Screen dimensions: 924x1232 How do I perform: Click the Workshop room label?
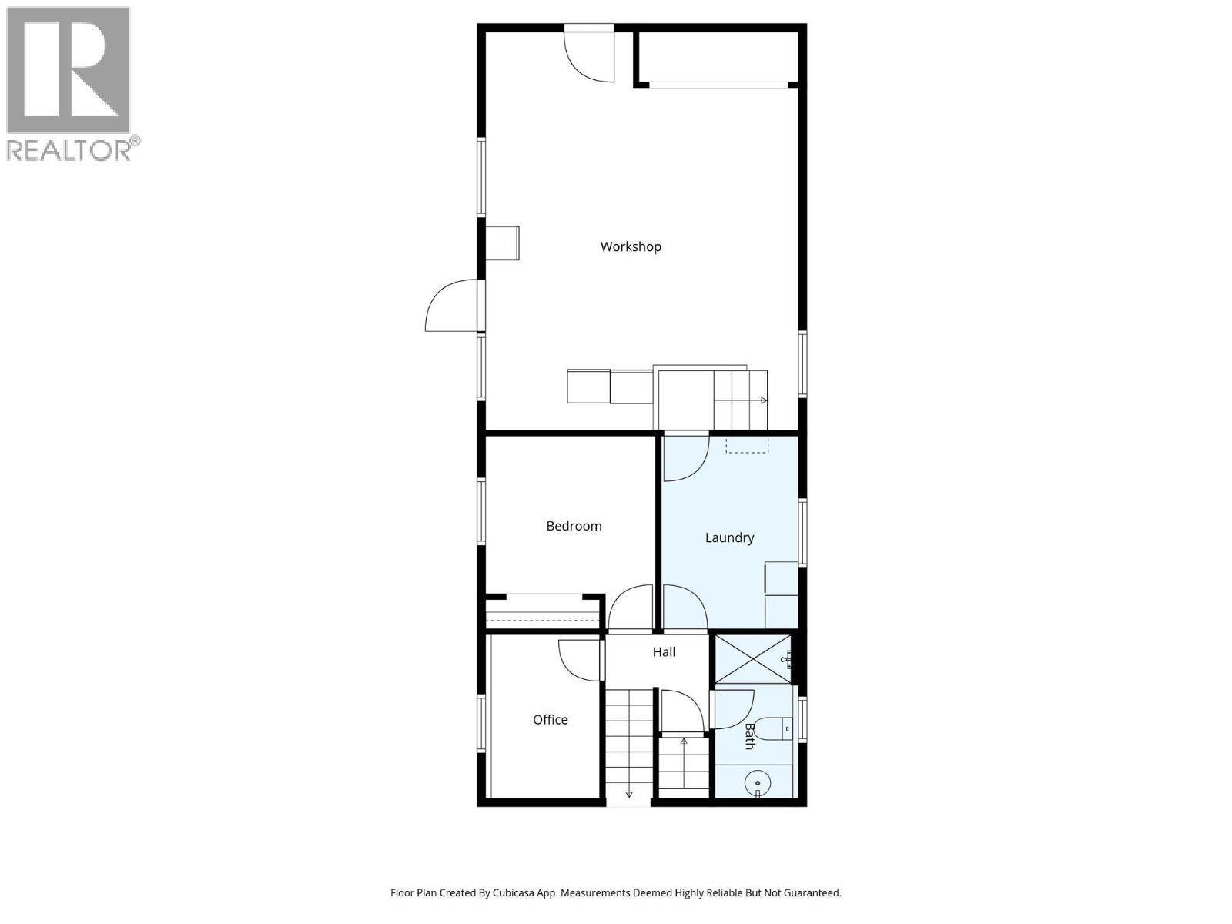click(x=631, y=246)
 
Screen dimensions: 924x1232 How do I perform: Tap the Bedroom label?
click(x=574, y=526)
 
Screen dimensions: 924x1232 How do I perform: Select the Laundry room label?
click(x=729, y=537)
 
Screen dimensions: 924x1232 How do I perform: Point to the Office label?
click(x=550, y=719)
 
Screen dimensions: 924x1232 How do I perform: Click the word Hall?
click(x=664, y=652)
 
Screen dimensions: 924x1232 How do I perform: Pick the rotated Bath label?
click(x=749, y=735)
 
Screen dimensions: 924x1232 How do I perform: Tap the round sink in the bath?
click(x=758, y=783)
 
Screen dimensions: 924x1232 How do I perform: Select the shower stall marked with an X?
click(x=752, y=658)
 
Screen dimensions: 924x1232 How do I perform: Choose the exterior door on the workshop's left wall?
click(x=454, y=306)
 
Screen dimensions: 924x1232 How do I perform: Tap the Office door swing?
click(x=579, y=661)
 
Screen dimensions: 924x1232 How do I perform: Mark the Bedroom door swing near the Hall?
click(x=631, y=608)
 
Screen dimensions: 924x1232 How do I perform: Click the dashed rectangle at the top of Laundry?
click(x=747, y=445)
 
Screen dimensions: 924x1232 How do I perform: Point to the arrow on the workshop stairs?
click(x=763, y=400)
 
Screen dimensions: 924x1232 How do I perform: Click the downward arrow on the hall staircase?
click(x=629, y=794)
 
